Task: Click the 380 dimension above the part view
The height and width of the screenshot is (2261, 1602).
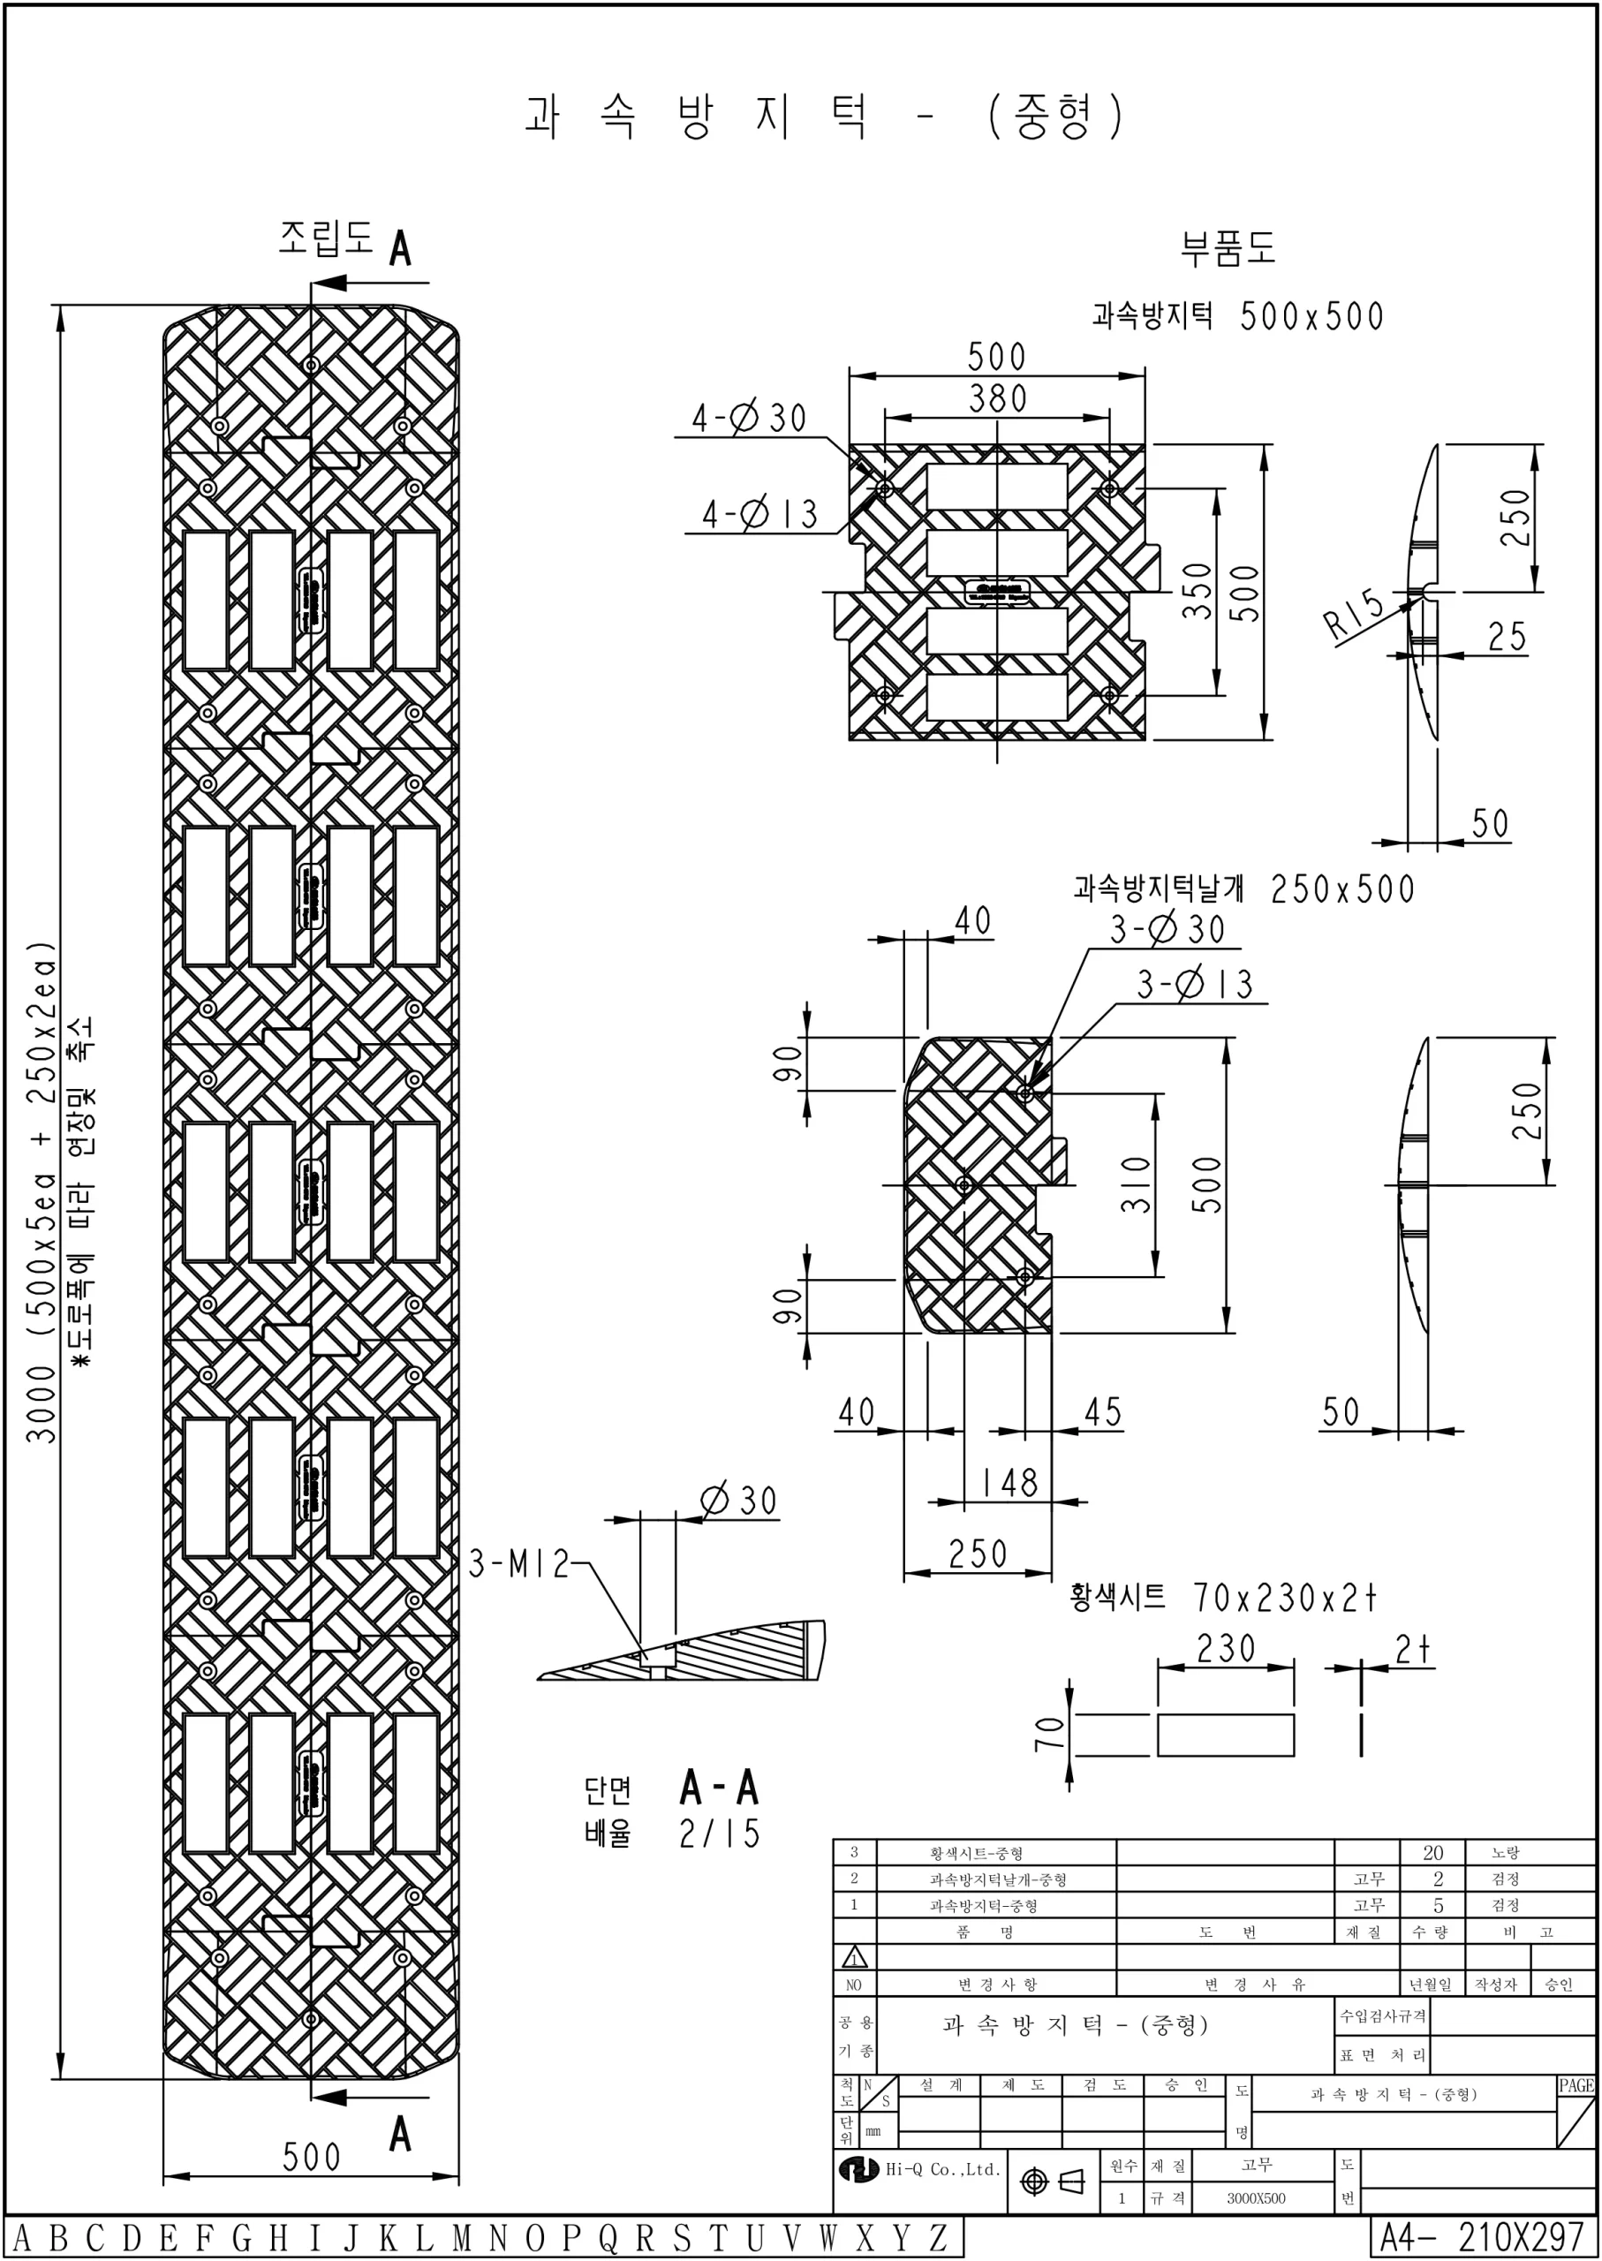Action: point(997,398)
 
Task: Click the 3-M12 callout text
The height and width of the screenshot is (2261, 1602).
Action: point(519,1563)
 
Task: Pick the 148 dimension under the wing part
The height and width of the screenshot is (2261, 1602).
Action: point(1009,1482)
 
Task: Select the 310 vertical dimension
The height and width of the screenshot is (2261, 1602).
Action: point(1136,1183)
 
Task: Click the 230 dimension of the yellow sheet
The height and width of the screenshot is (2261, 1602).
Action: point(1225,1647)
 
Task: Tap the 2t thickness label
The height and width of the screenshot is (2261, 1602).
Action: point(1413,1648)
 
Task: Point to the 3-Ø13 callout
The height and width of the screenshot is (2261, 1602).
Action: point(1195,984)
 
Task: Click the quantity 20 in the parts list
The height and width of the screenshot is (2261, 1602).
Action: point(1432,1853)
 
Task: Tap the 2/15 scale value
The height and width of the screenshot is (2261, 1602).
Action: point(720,1833)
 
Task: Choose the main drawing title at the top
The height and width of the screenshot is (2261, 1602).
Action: point(824,117)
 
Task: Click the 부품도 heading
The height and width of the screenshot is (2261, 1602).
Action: point(1228,247)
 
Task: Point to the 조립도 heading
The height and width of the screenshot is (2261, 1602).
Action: point(326,238)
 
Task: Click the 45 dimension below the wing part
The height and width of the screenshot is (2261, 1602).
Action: point(1103,1411)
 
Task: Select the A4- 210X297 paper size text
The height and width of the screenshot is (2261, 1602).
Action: point(1481,2238)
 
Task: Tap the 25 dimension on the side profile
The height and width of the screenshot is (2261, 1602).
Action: point(1507,636)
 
